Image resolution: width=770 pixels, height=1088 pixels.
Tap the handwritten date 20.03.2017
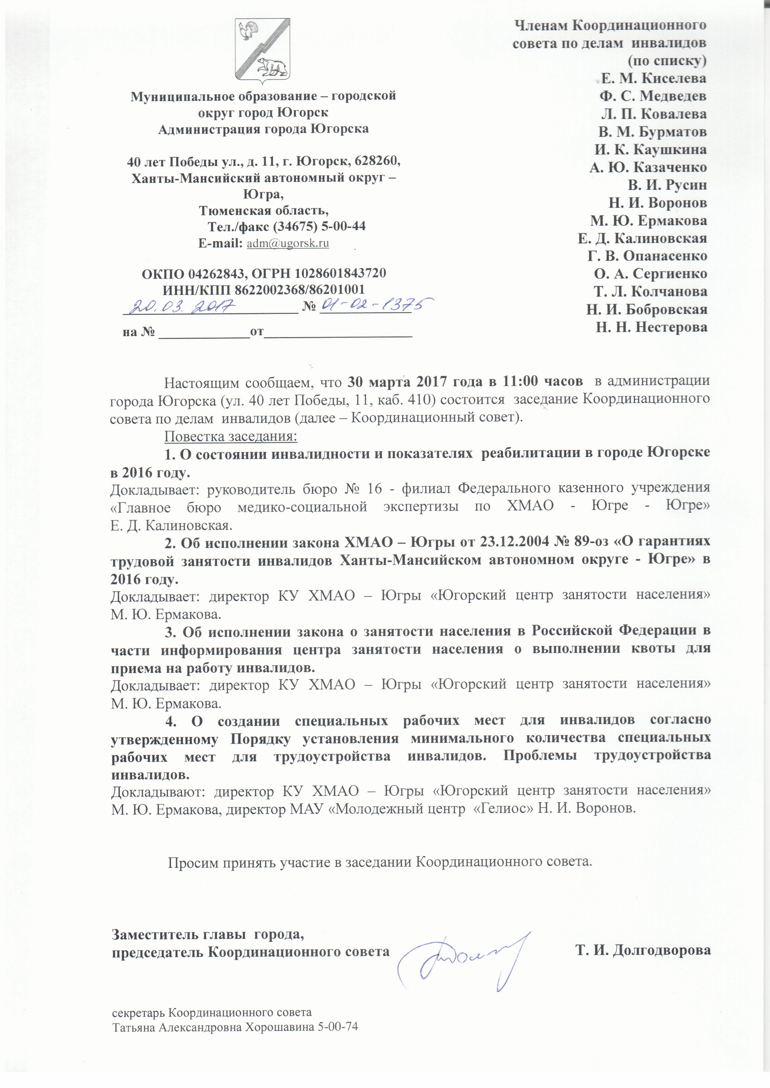pyautogui.click(x=184, y=306)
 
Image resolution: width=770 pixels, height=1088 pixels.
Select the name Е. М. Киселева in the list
pyautogui.click(x=653, y=78)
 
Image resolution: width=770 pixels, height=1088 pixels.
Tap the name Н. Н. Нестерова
pyautogui.click(x=651, y=327)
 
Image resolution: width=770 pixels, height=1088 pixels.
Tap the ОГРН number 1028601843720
pyautogui.click(x=340, y=274)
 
